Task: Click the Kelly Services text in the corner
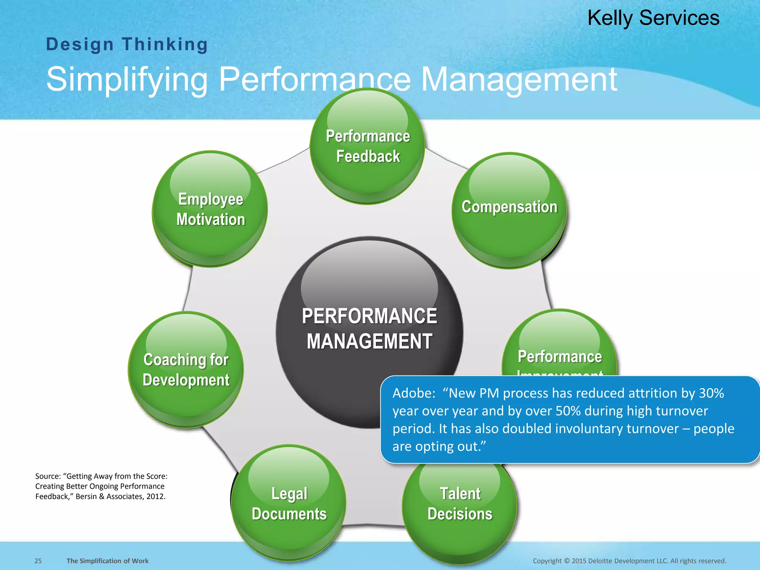(x=653, y=18)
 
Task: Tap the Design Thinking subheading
(x=127, y=45)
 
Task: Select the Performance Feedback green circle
(x=367, y=146)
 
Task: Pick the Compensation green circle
(x=509, y=210)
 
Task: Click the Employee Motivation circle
(x=210, y=209)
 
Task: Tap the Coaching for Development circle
(x=186, y=370)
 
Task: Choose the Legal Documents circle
(x=289, y=503)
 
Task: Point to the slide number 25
(x=38, y=561)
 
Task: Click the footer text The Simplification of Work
(x=107, y=561)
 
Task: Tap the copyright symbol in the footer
(x=566, y=561)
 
